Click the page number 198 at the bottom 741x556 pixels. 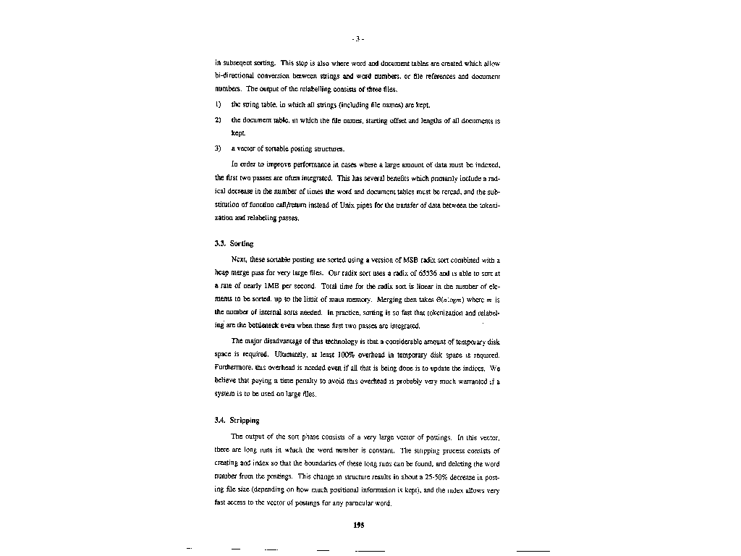coord(358,526)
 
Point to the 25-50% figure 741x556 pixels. coord(436,477)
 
